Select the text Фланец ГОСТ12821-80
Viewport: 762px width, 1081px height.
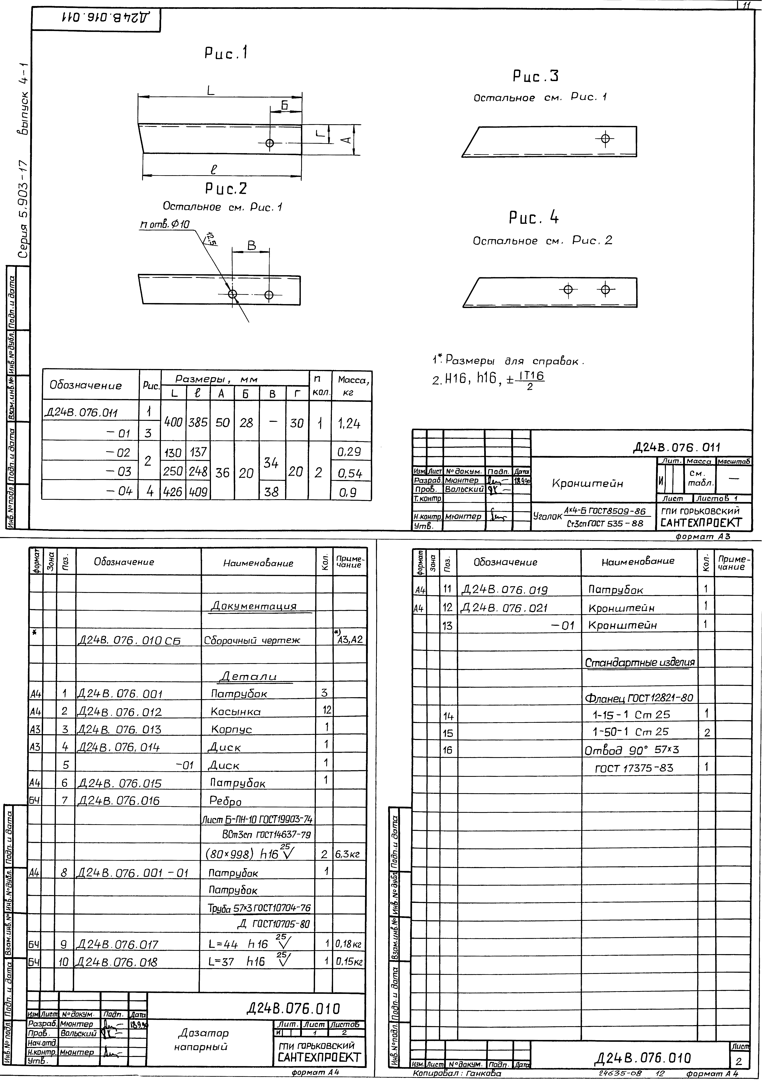click(x=639, y=697)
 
